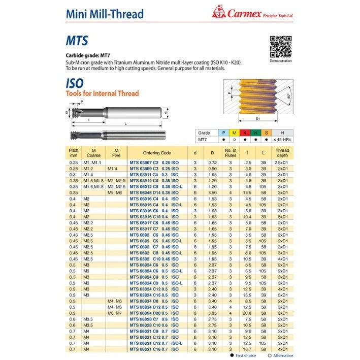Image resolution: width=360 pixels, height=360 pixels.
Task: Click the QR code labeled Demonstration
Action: point(280,47)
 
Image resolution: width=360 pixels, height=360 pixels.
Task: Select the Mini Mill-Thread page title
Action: point(105,14)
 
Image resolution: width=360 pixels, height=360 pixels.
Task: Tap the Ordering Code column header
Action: point(157,152)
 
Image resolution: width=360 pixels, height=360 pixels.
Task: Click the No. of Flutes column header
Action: point(231,152)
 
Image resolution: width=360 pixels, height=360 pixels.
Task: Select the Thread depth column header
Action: point(281,152)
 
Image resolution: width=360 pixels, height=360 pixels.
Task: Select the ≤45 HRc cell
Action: point(282,139)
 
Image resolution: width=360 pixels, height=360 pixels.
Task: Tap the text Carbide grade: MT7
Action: point(86,55)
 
